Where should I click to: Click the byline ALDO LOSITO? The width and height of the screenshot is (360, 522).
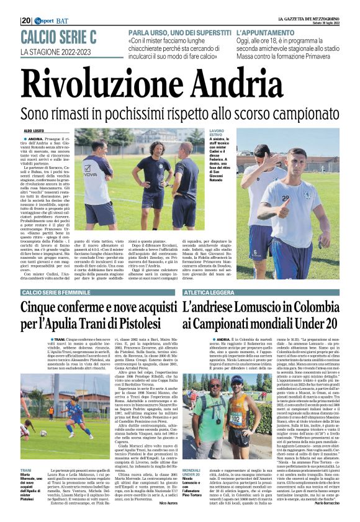pyautogui.click(x=35, y=131)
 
